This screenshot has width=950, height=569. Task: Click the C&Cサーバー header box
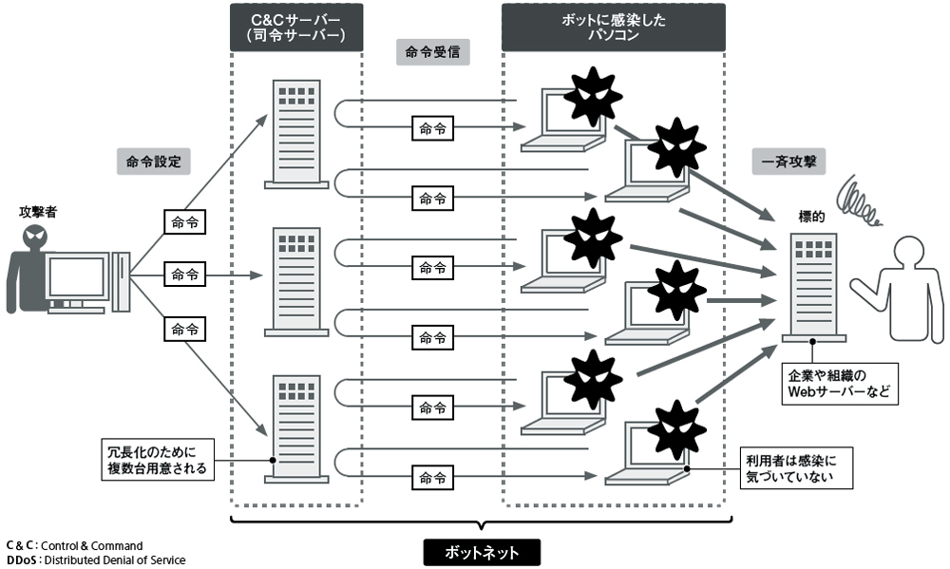295,28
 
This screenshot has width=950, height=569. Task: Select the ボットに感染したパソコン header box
613,28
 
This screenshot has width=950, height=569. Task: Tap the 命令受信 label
432,53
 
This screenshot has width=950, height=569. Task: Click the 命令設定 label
153,161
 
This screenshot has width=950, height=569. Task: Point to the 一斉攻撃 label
788,161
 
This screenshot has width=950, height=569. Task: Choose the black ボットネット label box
481,552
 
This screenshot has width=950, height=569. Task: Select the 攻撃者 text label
38,211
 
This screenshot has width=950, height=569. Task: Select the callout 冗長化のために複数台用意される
157,459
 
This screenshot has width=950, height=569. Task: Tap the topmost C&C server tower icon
295,133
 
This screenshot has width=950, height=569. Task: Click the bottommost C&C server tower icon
295,428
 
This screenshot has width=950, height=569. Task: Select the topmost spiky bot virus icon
592,96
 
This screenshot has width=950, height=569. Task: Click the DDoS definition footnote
96,560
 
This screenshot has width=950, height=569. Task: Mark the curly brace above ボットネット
481,522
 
